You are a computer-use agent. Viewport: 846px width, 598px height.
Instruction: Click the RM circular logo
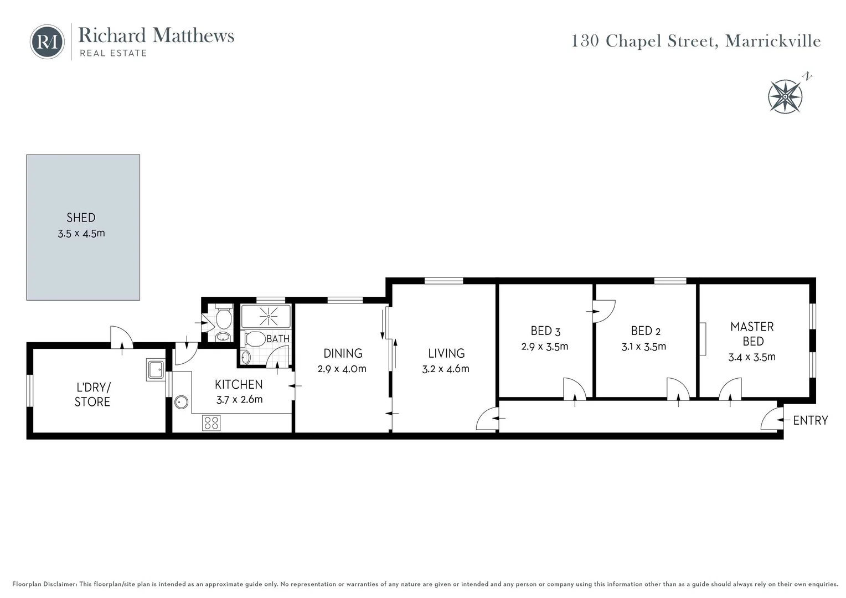47,42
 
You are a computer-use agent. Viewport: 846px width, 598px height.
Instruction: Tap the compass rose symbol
785,96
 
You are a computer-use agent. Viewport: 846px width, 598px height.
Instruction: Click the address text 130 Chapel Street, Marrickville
695,41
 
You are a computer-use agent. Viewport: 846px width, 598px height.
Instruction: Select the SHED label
81,218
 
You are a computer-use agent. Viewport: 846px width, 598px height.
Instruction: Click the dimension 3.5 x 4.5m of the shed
81,234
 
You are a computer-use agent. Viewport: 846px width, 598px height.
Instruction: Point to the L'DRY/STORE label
92,394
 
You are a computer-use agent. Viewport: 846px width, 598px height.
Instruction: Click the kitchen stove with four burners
211,423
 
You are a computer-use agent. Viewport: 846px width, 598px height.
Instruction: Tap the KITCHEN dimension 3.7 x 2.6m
239,399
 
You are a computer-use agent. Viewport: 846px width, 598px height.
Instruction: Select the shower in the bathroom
266,316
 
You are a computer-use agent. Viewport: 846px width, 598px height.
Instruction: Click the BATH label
277,338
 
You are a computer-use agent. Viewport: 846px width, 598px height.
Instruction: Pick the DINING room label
343,353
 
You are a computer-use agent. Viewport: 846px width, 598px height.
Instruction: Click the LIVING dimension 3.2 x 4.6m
445,369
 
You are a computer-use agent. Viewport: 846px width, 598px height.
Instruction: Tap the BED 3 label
545,331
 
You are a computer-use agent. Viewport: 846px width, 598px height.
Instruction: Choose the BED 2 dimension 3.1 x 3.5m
643,347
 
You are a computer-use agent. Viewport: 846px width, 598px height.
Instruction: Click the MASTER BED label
752,334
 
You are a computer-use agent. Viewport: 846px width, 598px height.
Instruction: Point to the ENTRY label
810,420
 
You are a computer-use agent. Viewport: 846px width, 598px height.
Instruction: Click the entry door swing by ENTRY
770,419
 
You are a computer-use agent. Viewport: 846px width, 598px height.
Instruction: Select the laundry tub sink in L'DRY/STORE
156,369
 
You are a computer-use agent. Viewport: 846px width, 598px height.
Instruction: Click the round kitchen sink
181,402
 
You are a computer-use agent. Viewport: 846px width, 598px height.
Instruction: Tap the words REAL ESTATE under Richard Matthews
113,53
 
